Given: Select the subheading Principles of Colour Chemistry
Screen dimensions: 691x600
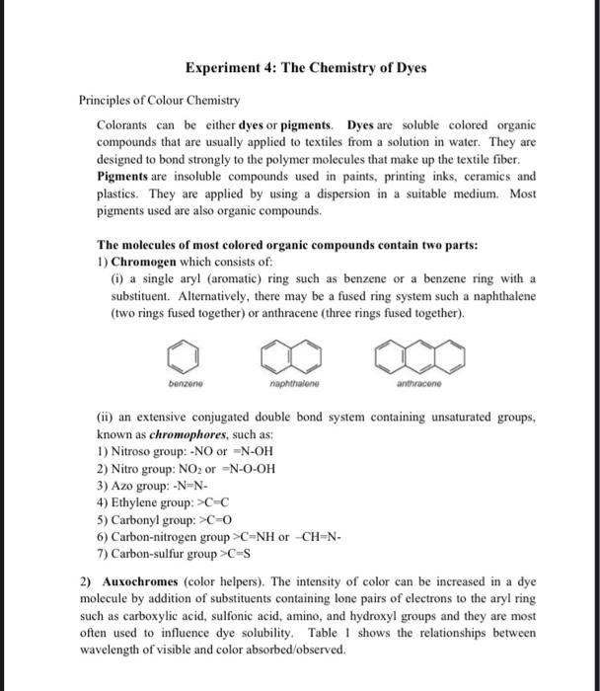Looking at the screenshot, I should (159, 101).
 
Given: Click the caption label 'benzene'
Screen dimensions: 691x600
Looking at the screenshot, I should (179, 378).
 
